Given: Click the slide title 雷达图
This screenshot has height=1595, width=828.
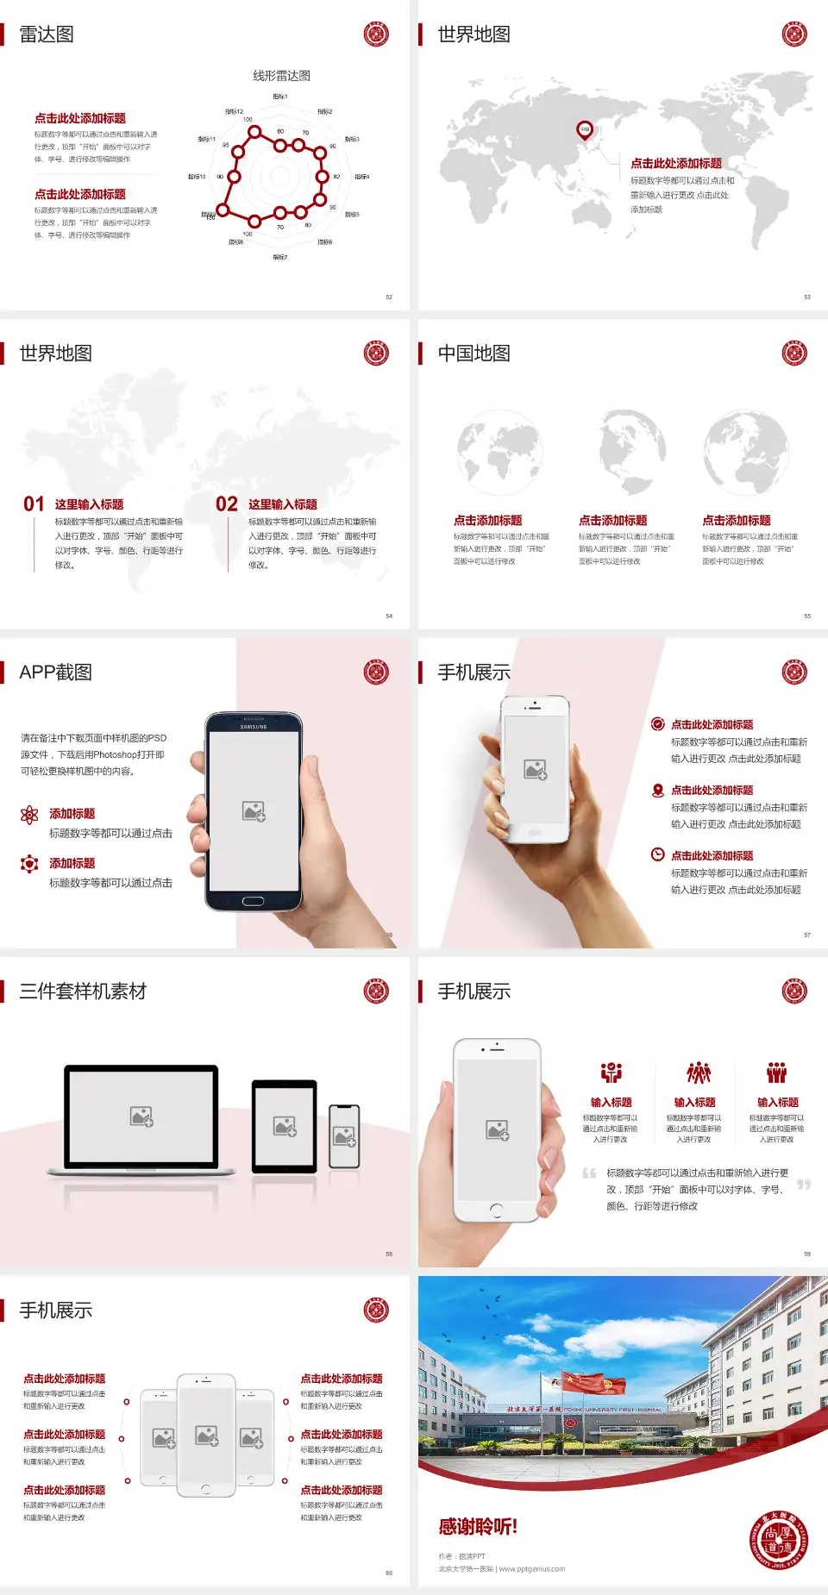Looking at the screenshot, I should click(x=47, y=34).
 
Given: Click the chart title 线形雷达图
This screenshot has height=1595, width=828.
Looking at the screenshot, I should click(x=281, y=76).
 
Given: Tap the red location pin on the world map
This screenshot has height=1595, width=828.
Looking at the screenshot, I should click(x=585, y=130).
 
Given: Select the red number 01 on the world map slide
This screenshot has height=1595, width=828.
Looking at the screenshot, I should click(x=34, y=504).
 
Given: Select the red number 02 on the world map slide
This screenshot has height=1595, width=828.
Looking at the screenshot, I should click(x=227, y=504).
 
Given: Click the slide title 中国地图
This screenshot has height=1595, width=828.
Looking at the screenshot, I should click(x=474, y=353).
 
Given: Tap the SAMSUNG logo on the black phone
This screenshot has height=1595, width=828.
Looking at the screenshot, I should click(x=253, y=727).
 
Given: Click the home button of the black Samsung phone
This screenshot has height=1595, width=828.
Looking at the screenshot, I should click(x=253, y=901).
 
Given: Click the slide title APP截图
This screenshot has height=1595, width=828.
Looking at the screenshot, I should click(x=56, y=672).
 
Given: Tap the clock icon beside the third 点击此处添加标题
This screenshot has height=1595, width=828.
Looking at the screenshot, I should click(x=657, y=854).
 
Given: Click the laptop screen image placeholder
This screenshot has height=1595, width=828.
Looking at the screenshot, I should click(x=141, y=1116).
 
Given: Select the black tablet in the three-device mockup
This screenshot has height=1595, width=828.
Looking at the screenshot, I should click(x=285, y=1126).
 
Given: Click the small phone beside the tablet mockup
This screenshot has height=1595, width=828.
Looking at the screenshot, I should click(x=344, y=1136).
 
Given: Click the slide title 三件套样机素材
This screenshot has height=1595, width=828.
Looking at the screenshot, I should click(x=83, y=991).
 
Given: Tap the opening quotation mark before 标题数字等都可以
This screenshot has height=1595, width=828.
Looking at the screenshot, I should click(x=589, y=1173).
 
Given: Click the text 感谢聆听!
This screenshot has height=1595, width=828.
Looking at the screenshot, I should click(x=478, y=1527).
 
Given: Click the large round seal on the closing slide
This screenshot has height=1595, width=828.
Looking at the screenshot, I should click(x=779, y=1541).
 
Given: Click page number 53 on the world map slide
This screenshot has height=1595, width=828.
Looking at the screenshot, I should click(x=807, y=297).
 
